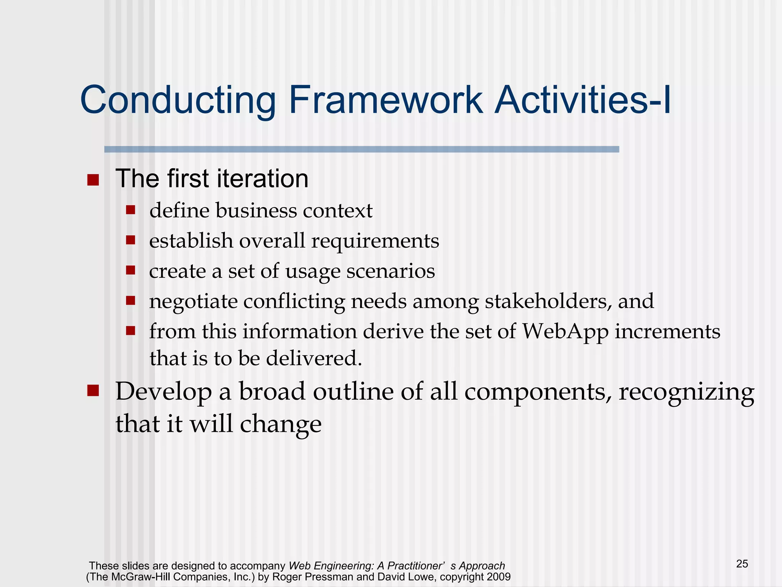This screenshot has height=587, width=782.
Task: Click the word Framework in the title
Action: pyautogui.click(x=386, y=100)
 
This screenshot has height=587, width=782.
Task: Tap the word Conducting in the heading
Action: pyautogui.click(x=178, y=100)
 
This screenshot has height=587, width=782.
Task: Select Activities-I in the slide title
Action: pyautogui.click(x=582, y=100)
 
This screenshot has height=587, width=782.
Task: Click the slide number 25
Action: pyautogui.click(x=742, y=564)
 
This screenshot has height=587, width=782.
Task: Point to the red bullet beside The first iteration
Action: pyautogui.click(x=93, y=180)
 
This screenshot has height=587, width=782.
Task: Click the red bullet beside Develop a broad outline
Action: pyautogui.click(x=93, y=391)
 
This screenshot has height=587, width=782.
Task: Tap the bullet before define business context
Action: pyautogui.click(x=131, y=210)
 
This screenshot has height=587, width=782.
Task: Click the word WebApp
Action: pyautogui.click(x=565, y=331)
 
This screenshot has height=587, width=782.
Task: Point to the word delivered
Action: pyautogui.click(x=313, y=358)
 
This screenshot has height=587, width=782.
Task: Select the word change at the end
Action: pyautogui.click(x=281, y=424)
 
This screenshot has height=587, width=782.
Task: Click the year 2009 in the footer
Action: pyautogui.click(x=499, y=577)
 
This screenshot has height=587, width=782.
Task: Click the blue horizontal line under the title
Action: pyautogui.click(x=361, y=149)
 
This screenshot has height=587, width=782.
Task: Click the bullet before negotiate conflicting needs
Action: pyautogui.click(x=131, y=300)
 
